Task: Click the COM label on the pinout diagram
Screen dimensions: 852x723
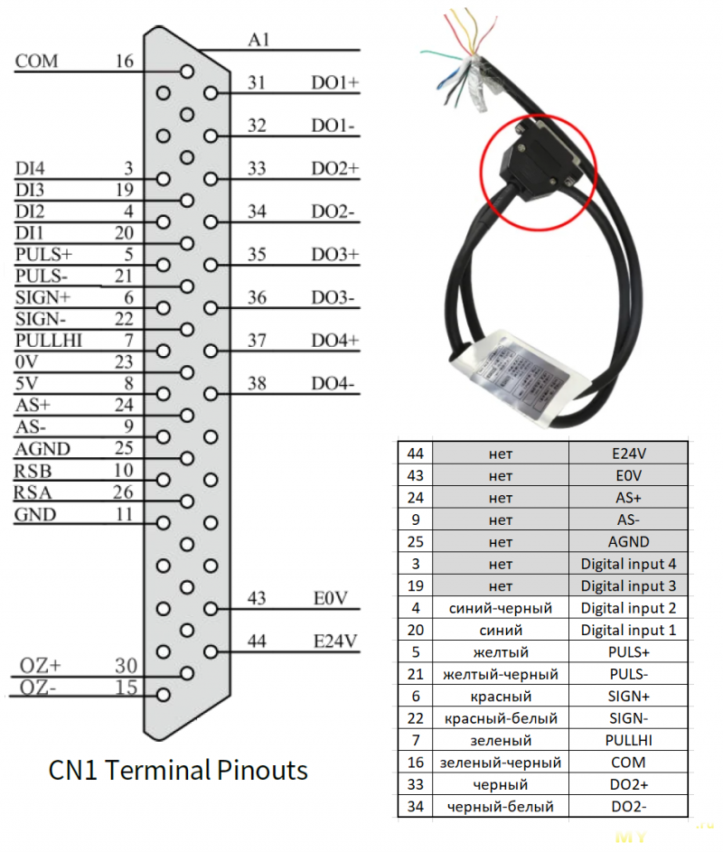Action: point(36,61)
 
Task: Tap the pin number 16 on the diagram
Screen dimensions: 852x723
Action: point(125,61)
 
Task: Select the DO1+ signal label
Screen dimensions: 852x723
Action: point(335,83)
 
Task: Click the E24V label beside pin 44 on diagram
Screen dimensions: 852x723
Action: point(335,641)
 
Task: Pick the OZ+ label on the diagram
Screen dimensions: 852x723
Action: point(41,666)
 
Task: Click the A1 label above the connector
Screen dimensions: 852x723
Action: point(259,40)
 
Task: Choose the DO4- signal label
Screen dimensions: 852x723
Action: point(333,384)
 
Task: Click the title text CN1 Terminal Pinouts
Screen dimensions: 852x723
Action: point(177,771)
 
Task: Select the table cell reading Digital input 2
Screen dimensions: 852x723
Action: point(628,608)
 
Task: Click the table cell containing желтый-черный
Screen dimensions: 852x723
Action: point(500,674)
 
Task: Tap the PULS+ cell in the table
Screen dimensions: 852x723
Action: point(628,652)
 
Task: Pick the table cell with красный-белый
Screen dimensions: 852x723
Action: point(500,718)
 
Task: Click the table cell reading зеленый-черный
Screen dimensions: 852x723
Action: point(500,763)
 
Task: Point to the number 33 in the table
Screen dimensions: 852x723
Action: point(415,784)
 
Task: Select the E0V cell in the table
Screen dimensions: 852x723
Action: point(628,475)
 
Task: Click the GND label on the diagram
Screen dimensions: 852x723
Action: point(35,515)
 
